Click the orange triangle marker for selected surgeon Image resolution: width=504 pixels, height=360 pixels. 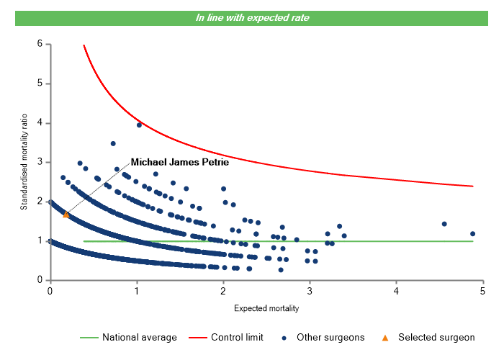(x=66, y=214)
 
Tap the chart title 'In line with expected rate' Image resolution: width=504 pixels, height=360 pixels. (x=252, y=17)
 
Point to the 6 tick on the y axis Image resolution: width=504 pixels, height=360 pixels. (x=40, y=44)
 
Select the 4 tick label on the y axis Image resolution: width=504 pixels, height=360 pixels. (x=40, y=123)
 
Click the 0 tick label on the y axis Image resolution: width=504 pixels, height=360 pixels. (x=40, y=280)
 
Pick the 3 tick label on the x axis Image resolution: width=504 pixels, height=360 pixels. (x=310, y=291)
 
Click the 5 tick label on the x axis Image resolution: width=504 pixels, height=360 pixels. (x=483, y=291)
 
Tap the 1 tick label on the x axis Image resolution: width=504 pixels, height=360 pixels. (x=136, y=291)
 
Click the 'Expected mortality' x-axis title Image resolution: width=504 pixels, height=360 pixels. (x=266, y=308)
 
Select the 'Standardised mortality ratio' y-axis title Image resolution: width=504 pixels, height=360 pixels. (x=24, y=162)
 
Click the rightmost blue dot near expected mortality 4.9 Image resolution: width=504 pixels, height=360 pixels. (x=473, y=233)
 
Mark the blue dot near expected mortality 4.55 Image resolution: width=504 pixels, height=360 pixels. (x=444, y=224)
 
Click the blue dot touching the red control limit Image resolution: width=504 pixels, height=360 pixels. (x=139, y=125)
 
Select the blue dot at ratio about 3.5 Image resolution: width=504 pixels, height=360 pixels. (x=113, y=143)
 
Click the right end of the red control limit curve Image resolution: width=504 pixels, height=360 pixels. (x=472, y=186)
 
